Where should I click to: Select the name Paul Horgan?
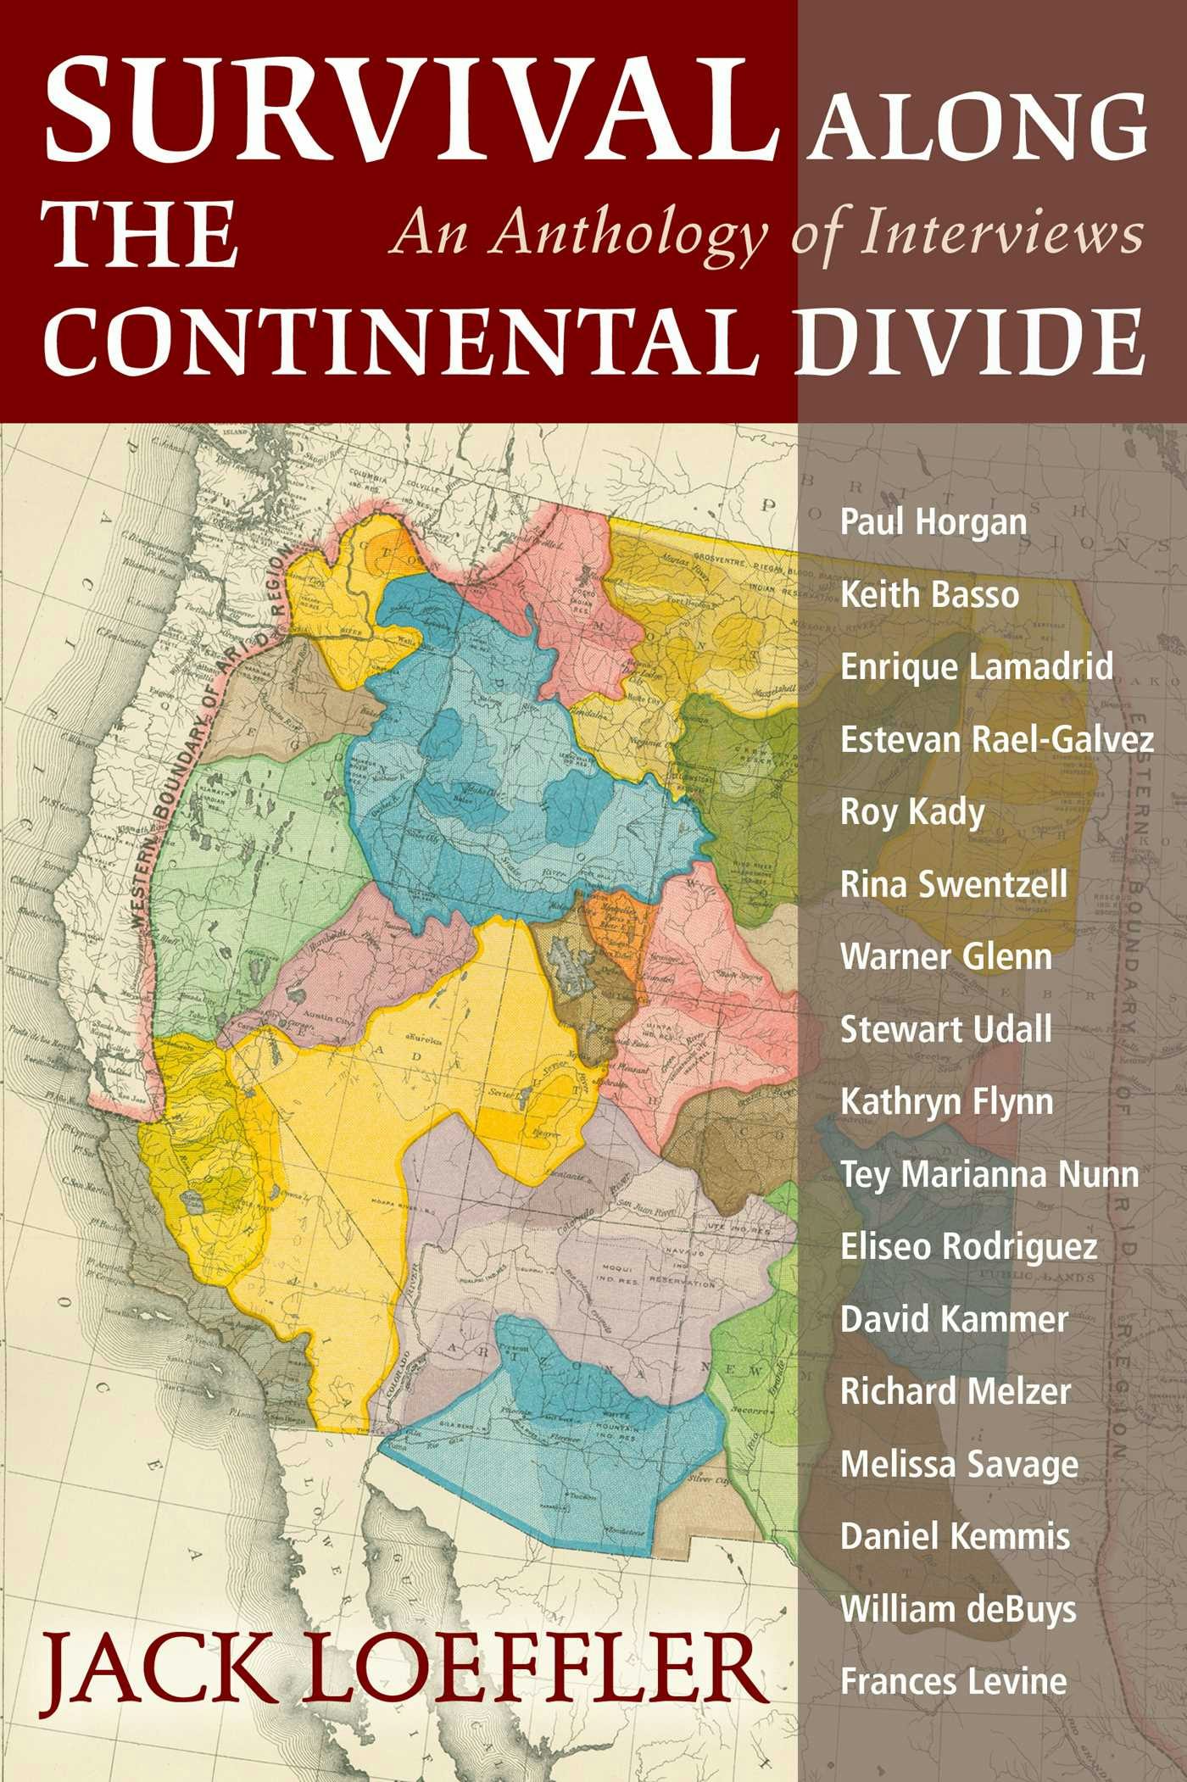pyautogui.click(x=933, y=521)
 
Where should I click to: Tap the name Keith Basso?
pyautogui.click(x=929, y=594)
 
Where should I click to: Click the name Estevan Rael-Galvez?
pyautogui.click(x=997, y=739)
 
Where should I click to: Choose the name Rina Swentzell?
pyautogui.click(x=954, y=884)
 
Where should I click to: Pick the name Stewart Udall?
pyautogui.click(x=946, y=1029)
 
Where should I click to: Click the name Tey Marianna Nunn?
pyautogui.click(x=989, y=1175)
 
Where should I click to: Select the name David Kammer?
pyautogui.click(x=954, y=1320)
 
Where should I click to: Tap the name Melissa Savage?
pyautogui.click(x=959, y=1465)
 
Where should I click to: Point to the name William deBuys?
pyautogui.click(x=958, y=1609)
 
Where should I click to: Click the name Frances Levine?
pyautogui.click(x=954, y=1681)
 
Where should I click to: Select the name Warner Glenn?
pyautogui.click(x=946, y=957)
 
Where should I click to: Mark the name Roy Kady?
pyautogui.click(x=912, y=812)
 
